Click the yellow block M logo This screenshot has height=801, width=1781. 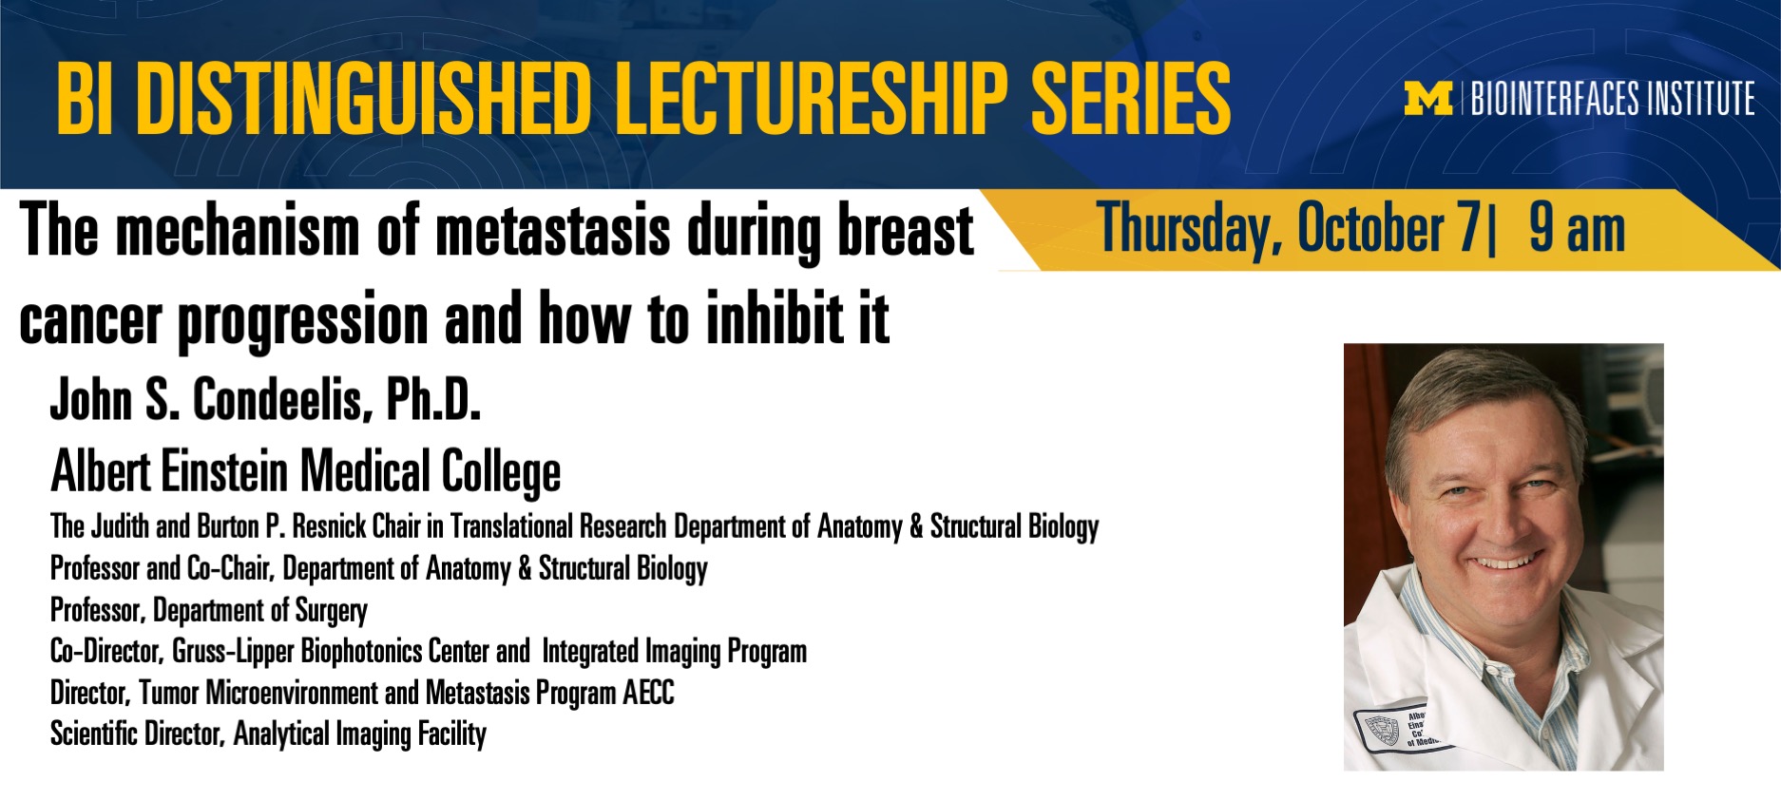(1428, 99)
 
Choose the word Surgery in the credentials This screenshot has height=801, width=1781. (331, 611)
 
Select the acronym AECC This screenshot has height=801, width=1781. (648, 693)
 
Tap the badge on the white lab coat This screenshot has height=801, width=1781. (1397, 728)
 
